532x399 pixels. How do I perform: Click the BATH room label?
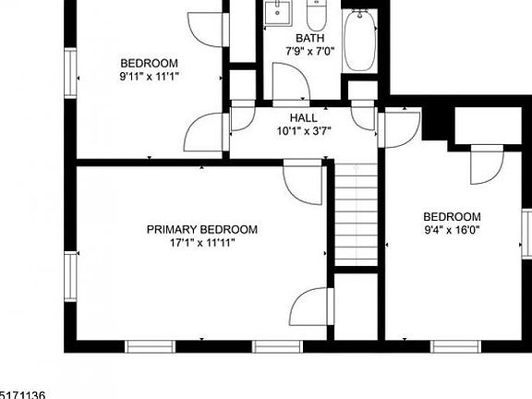click(x=303, y=38)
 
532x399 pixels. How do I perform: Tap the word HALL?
click(x=303, y=118)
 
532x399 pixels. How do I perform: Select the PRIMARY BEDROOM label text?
click(x=202, y=229)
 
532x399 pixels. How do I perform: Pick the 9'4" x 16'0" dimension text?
click(x=453, y=229)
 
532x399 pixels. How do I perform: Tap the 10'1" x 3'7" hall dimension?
click(x=303, y=131)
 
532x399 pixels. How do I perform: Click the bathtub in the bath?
click(x=358, y=41)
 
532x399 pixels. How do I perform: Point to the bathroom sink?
click(x=277, y=13)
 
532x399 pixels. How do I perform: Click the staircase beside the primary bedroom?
click(x=356, y=212)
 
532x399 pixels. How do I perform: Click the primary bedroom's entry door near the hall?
click(x=302, y=180)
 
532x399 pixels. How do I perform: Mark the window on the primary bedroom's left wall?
click(x=68, y=277)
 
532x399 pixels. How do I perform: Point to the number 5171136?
click(x=22, y=393)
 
